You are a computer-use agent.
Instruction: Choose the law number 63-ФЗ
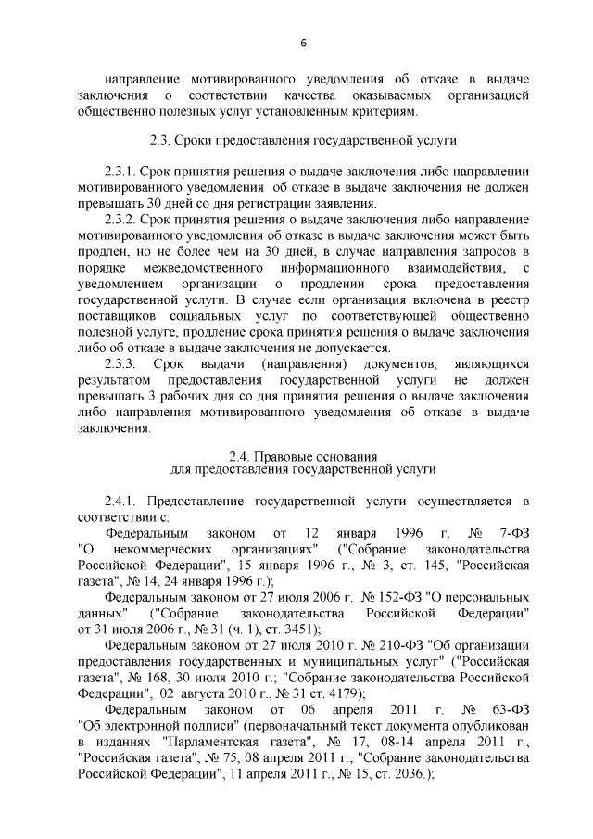[x=511, y=710]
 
